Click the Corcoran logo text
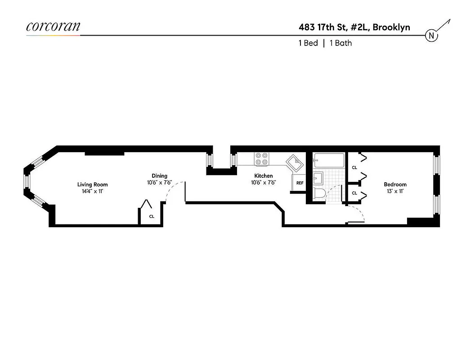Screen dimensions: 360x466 pyautogui.click(x=53, y=26)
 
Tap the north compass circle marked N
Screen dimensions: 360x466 pyautogui.click(x=431, y=36)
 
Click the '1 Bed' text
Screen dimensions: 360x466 pyautogui.click(x=308, y=43)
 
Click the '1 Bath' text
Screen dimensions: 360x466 pyautogui.click(x=341, y=43)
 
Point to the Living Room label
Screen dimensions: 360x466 pyautogui.click(x=92, y=184)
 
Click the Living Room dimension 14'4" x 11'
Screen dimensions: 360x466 pyautogui.click(x=92, y=191)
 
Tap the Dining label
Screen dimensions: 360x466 pyautogui.click(x=159, y=176)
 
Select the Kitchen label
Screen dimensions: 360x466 pyautogui.click(x=263, y=176)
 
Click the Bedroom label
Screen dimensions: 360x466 pyautogui.click(x=395, y=184)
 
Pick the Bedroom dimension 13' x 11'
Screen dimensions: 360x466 pyautogui.click(x=395, y=191)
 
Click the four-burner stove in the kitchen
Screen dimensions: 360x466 pyautogui.click(x=262, y=159)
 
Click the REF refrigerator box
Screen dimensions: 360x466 pyautogui.click(x=300, y=184)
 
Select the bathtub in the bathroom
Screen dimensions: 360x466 pyautogui.click(x=329, y=161)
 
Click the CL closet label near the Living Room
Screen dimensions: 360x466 pyautogui.click(x=152, y=216)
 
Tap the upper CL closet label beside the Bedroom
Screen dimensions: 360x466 pyautogui.click(x=354, y=167)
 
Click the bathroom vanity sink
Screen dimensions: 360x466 pyautogui.click(x=318, y=179)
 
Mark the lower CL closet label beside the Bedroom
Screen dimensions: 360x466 pyautogui.click(x=354, y=193)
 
